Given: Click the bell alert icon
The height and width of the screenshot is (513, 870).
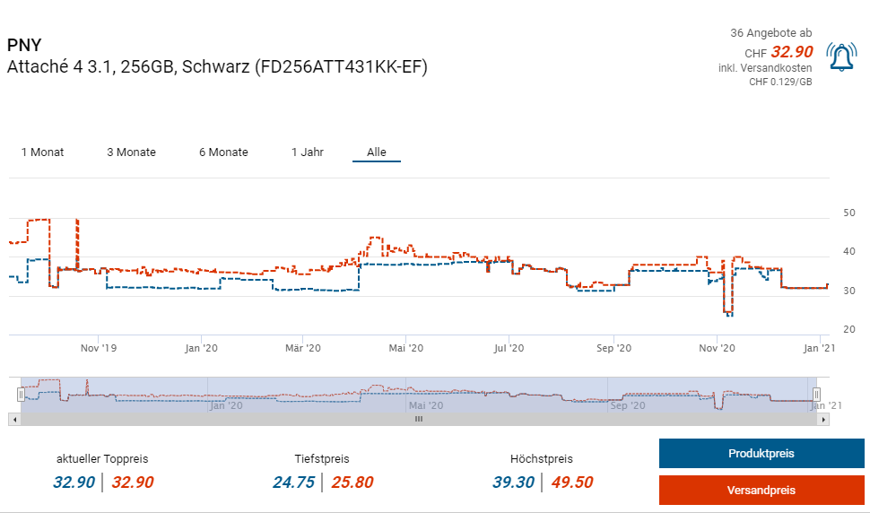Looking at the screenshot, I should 841,57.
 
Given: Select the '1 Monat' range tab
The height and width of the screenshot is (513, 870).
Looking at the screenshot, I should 42,152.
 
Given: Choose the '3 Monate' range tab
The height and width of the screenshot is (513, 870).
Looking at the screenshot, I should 131,152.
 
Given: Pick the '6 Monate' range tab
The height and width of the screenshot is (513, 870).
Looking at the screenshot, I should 223,152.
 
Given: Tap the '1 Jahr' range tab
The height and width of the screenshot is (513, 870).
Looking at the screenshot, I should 307,152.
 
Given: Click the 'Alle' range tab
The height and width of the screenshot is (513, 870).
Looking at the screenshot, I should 377,152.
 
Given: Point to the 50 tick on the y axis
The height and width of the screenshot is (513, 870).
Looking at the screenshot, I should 848,213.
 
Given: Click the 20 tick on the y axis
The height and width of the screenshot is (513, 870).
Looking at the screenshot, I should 848,330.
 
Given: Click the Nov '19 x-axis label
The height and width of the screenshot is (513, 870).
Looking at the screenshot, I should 99,348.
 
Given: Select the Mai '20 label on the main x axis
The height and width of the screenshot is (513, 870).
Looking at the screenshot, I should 406,348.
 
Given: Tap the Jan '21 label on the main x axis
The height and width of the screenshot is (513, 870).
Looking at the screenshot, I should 819,348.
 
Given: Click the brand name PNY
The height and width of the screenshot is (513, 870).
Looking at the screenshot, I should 24,45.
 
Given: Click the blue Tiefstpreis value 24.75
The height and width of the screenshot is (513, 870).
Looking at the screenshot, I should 293,483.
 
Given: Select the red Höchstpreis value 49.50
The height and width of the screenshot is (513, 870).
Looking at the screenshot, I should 571,483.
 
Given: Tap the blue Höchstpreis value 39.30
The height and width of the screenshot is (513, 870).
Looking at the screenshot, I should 513,483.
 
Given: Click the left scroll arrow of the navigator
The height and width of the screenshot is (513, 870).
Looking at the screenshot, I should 13,419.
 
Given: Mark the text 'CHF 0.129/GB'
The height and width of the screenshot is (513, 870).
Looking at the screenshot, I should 780,82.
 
